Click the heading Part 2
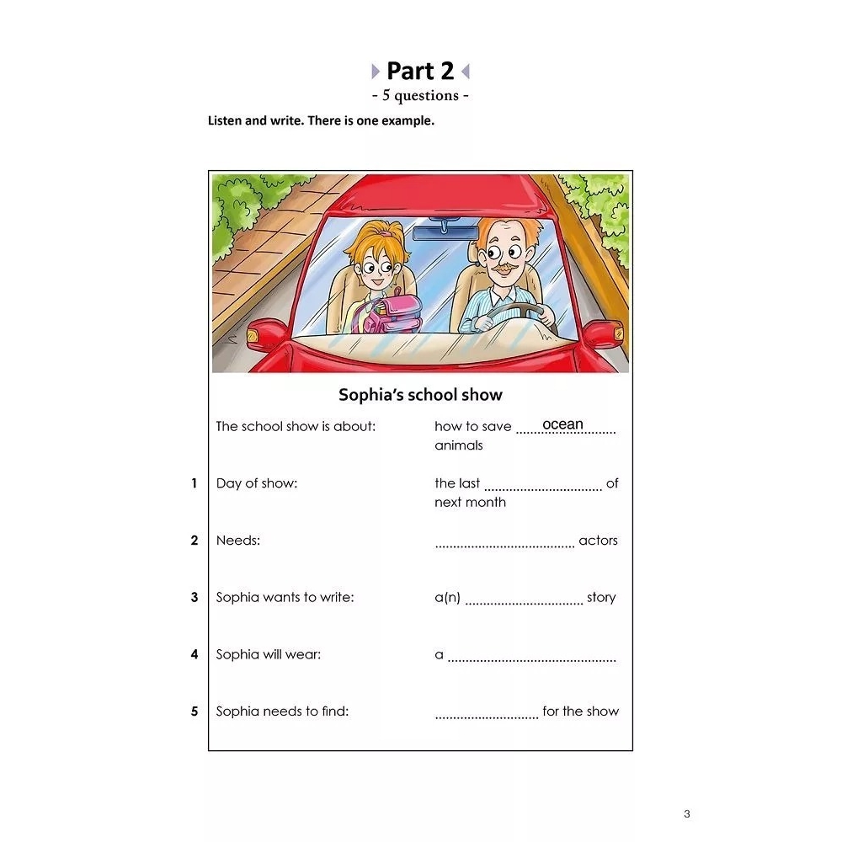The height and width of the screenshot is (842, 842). coord(420,71)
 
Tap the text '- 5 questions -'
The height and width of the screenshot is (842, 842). coord(420,95)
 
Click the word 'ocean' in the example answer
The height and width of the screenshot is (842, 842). coord(562,424)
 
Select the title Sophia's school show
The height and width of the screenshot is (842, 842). coord(420,394)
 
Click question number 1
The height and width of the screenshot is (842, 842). coord(194,483)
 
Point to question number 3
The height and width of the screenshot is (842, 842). coord(194,597)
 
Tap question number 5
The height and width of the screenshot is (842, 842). coord(194,711)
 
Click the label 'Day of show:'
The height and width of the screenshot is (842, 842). coord(256,483)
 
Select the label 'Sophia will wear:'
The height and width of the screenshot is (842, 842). coord(268,654)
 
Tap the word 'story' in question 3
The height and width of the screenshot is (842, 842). coord(601,597)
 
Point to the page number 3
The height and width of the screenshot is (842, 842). coord(686,813)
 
